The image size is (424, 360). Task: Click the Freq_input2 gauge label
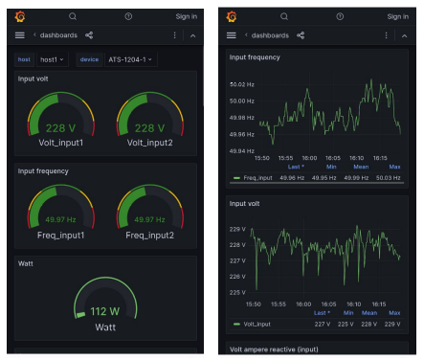[x=148, y=235]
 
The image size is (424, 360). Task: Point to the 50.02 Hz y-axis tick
[x=242, y=84]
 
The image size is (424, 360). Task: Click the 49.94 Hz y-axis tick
[x=242, y=151]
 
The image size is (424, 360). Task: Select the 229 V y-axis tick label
[x=238, y=230]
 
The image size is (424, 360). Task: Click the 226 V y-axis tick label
[x=238, y=277]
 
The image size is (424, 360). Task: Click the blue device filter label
[x=89, y=59]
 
